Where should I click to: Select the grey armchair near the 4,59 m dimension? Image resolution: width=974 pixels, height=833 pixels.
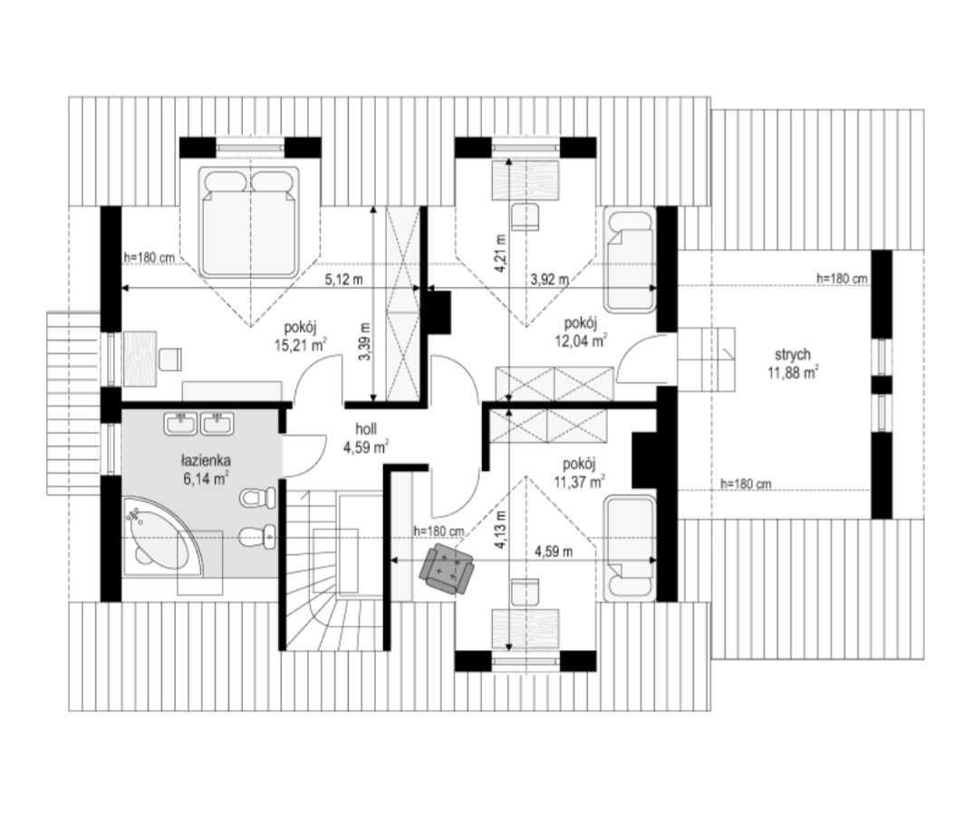click(448, 569)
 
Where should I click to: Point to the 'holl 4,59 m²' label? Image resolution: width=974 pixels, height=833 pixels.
click(366, 437)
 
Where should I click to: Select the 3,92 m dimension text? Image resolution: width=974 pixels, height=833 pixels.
click(550, 279)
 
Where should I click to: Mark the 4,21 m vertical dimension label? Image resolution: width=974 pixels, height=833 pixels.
click(501, 253)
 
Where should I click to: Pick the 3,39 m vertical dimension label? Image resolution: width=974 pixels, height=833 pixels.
click(364, 341)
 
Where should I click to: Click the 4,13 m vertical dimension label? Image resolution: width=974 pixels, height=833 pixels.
click(501, 530)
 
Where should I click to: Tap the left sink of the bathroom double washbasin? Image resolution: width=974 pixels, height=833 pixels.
click(181, 424)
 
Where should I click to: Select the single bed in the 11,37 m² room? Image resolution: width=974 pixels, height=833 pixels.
click(629, 548)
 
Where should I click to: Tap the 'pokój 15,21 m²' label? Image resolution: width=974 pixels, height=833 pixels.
click(301, 336)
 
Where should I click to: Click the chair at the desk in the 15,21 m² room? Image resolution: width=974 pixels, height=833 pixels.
click(169, 359)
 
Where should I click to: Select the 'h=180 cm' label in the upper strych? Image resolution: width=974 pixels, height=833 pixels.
click(842, 279)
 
